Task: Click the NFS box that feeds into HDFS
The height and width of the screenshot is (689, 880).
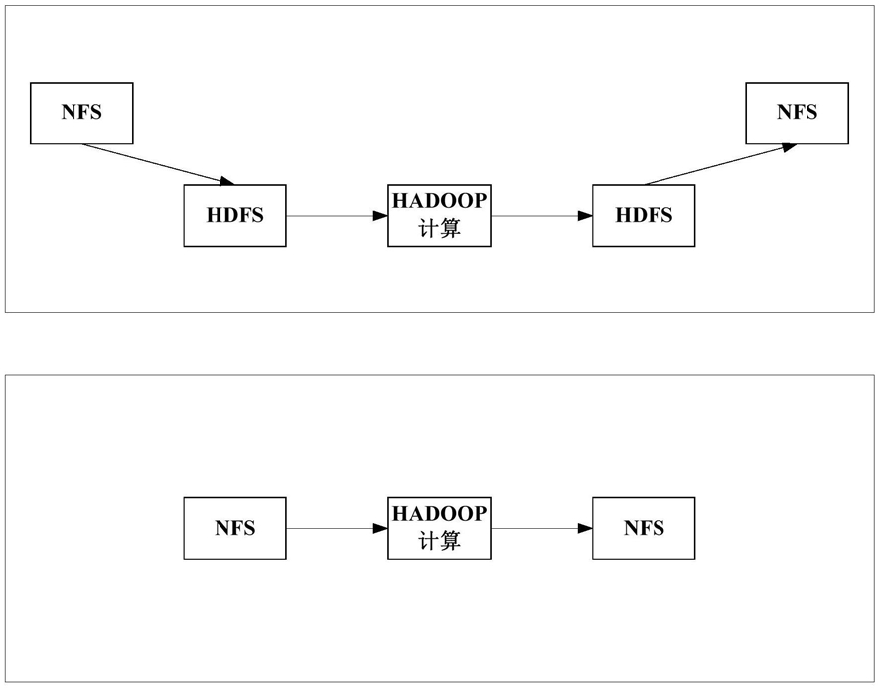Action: pyautogui.click(x=81, y=113)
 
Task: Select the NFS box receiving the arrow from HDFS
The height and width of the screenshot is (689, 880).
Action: pyautogui.click(x=797, y=113)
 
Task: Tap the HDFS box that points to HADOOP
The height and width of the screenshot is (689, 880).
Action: pyautogui.click(x=234, y=215)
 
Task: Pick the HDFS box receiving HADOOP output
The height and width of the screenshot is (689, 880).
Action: pyautogui.click(x=644, y=215)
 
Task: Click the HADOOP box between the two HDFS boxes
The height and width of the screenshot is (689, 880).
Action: pyautogui.click(x=439, y=215)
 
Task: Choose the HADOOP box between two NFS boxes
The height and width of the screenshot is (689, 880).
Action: pyautogui.click(x=439, y=528)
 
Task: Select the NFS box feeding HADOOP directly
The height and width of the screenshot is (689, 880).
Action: pyautogui.click(x=234, y=528)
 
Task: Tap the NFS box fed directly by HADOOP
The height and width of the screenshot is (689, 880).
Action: pyautogui.click(x=644, y=528)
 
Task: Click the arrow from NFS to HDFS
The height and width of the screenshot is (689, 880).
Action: pyautogui.click(x=158, y=164)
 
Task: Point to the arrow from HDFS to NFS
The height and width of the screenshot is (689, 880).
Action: pyautogui.click(x=721, y=164)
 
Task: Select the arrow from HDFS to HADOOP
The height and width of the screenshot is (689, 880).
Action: pyautogui.click(x=338, y=215)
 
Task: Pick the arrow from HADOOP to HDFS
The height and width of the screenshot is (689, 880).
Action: pyautogui.click(x=541, y=215)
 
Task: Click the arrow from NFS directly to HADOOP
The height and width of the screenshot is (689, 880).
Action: pyautogui.click(x=338, y=528)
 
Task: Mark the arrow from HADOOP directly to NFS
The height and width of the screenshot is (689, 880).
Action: pyautogui.click(x=541, y=528)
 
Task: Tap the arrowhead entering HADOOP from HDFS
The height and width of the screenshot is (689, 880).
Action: pyautogui.click(x=381, y=215)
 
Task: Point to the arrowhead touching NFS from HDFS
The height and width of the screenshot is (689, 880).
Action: pyautogui.click(x=790, y=147)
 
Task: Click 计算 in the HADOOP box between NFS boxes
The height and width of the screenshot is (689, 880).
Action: pyautogui.click(x=439, y=541)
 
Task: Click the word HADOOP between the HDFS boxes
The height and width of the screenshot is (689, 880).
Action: pyautogui.click(x=439, y=201)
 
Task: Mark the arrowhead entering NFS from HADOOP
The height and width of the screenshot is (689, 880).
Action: pyautogui.click(x=586, y=528)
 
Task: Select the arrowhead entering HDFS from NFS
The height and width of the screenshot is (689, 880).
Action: pyautogui.click(x=227, y=181)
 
